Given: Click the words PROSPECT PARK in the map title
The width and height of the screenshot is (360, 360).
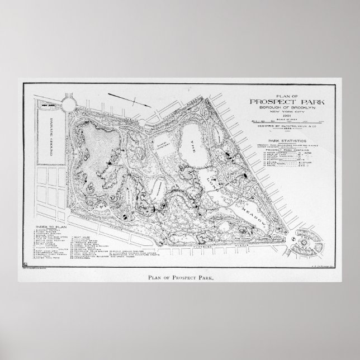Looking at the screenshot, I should [286, 101].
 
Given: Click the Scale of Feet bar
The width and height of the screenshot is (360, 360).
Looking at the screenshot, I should [286, 121].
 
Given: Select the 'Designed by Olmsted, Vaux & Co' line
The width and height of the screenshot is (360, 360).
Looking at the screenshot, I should [286, 127].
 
